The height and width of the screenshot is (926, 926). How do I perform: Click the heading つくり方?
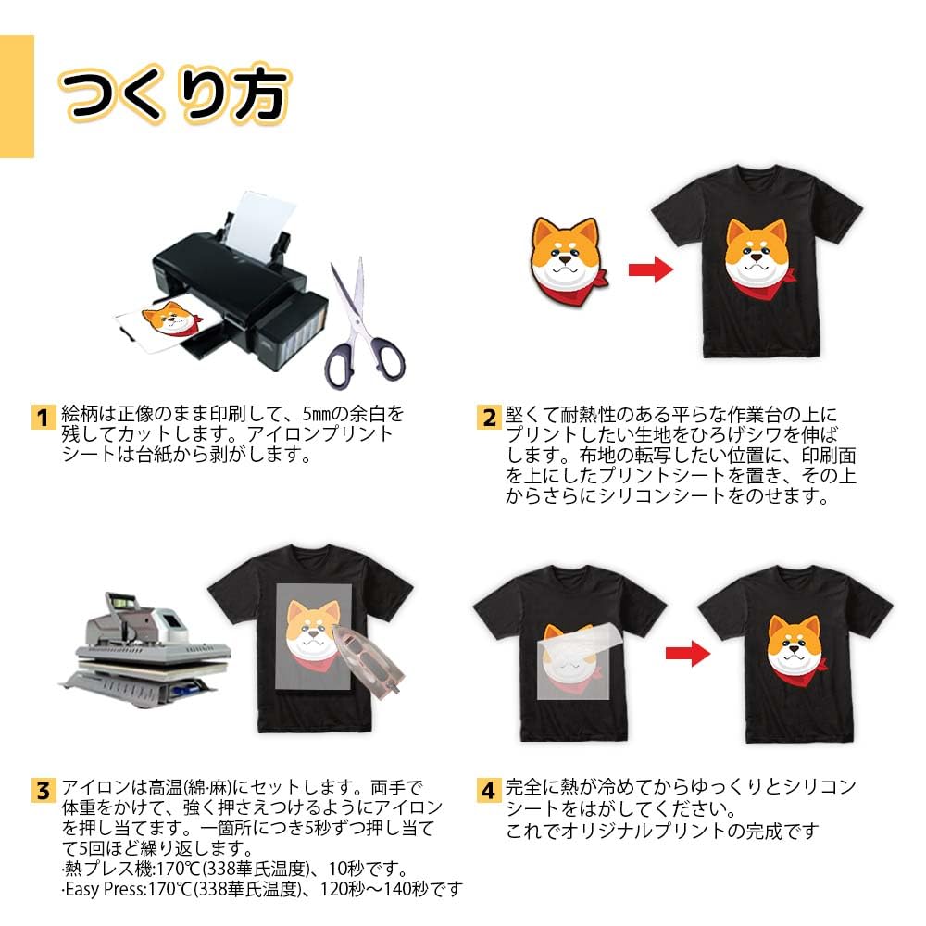click(x=174, y=94)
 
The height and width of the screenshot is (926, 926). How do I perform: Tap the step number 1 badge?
click(x=44, y=417)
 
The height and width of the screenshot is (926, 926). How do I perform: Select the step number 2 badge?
click(x=489, y=417)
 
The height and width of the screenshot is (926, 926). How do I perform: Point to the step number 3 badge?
click(x=44, y=790)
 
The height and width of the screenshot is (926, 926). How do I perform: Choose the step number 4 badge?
click(x=489, y=790)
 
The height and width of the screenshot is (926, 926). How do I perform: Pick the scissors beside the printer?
click(x=364, y=325)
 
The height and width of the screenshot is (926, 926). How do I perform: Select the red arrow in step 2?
click(x=650, y=270)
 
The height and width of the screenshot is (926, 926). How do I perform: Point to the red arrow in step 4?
click(x=688, y=653)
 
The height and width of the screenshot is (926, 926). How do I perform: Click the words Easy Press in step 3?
click(x=104, y=889)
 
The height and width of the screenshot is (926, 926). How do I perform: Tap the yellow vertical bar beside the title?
click(x=17, y=96)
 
